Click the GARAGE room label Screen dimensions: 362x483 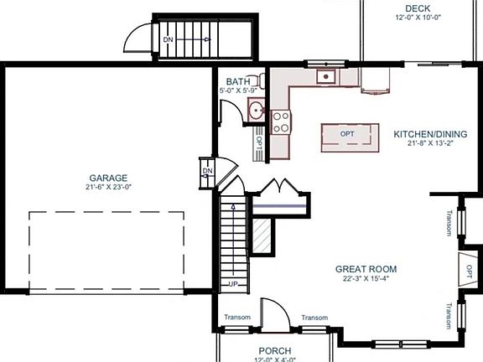[108, 178]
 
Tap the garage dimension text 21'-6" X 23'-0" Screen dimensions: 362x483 [108, 188]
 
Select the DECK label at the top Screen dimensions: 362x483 [412, 7]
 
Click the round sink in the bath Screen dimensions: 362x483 [256, 109]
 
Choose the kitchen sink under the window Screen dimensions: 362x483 [325, 78]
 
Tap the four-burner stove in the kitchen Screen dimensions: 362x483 [281, 123]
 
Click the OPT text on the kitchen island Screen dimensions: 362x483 [346, 134]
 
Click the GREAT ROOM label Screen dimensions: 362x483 [366, 269]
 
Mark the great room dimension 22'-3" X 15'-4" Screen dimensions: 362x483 [366, 279]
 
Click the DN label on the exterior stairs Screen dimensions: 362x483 [168, 39]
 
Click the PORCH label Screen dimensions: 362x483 [274, 350]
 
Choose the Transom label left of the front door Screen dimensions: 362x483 [237, 318]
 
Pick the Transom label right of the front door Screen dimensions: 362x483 [314, 318]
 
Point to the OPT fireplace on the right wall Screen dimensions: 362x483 [470, 271]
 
